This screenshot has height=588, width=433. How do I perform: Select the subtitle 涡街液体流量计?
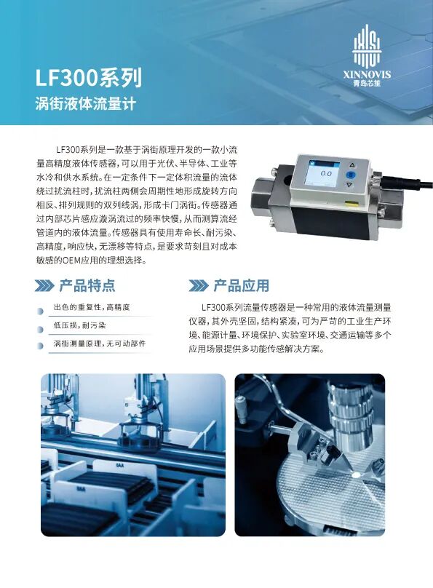click(86, 103)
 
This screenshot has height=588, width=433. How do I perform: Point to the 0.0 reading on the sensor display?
click(326, 173)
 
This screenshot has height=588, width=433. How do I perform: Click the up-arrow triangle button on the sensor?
click(351, 164)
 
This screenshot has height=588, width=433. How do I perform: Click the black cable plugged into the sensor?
click(397, 182)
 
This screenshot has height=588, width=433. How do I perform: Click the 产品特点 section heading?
click(87, 285)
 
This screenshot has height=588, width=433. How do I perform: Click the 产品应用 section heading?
click(241, 285)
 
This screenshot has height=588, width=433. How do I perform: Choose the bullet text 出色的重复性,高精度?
click(92, 308)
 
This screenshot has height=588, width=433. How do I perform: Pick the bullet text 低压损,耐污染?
click(79, 325)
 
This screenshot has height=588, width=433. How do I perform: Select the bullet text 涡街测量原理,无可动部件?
click(99, 343)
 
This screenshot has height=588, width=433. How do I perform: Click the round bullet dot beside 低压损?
click(41, 327)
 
